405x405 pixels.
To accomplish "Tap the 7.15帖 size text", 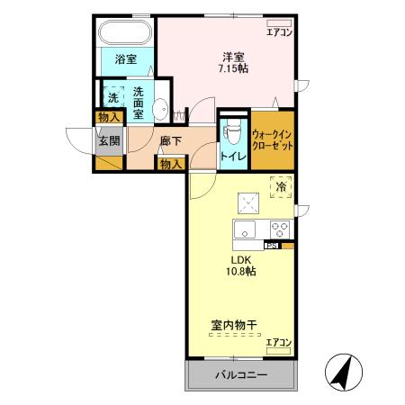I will pyautogui.click(x=234, y=67).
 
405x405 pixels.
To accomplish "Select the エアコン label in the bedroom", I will pyautogui.click(x=279, y=33).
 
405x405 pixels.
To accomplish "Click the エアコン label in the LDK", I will pyautogui.click(x=280, y=342).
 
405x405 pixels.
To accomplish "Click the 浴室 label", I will pyautogui.click(x=126, y=60).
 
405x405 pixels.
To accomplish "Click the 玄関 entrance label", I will pyautogui.click(x=109, y=140).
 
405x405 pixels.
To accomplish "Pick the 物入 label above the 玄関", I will pyautogui.click(x=109, y=117).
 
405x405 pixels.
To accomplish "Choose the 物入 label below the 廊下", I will pyautogui.click(x=171, y=163).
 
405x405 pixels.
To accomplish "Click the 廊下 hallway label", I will pyautogui.click(x=171, y=140).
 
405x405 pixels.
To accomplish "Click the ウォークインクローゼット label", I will pyautogui.click(x=273, y=138).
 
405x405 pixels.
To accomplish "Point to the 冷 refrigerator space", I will pyautogui.click(x=281, y=188).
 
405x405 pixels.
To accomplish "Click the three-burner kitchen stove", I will pyautogui.click(x=279, y=228).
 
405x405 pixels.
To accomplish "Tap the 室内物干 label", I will pyautogui.click(x=234, y=324).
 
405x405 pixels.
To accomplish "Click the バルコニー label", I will pyautogui.click(x=240, y=375).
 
